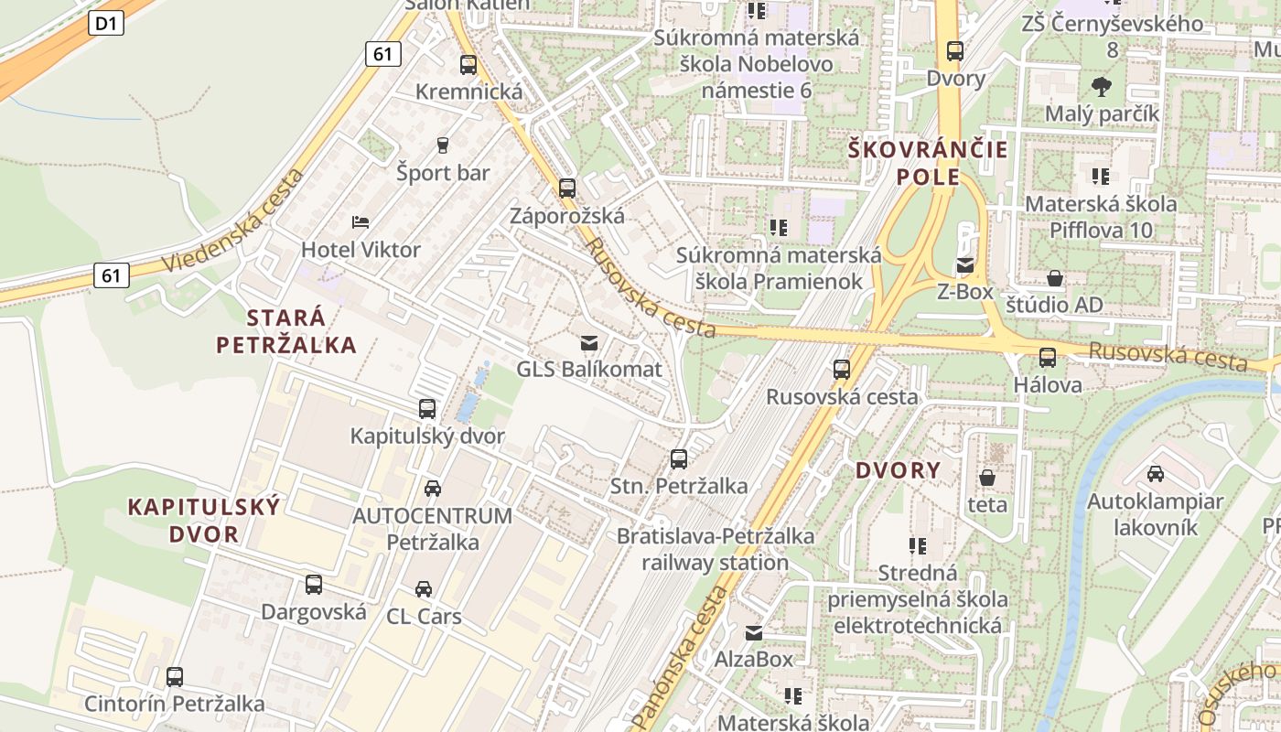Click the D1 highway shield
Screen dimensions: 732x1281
click(107, 23)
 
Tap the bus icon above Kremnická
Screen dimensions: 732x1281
click(468, 65)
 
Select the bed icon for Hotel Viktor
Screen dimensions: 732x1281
click(361, 222)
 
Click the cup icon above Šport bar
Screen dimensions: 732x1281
click(443, 145)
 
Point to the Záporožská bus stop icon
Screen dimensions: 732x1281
click(567, 188)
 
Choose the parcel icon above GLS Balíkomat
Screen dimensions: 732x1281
click(589, 343)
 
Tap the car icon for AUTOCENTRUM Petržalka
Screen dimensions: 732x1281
click(432, 489)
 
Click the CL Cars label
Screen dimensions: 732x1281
click(424, 616)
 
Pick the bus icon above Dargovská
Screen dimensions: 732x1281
click(314, 585)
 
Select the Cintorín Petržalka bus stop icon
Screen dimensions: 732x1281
click(174, 677)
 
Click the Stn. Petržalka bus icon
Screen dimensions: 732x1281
click(679, 459)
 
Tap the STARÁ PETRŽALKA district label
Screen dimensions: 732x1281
click(286, 331)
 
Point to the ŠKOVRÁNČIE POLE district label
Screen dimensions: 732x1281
click(928, 163)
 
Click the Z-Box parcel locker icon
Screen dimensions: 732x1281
click(965, 266)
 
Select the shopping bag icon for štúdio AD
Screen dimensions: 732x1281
click(1055, 278)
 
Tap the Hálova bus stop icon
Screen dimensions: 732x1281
click(1048, 358)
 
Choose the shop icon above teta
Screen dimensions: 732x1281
click(987, 478)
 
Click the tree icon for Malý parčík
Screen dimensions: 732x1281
click(1102, 87)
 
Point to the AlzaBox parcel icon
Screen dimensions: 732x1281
click(753, 632)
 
